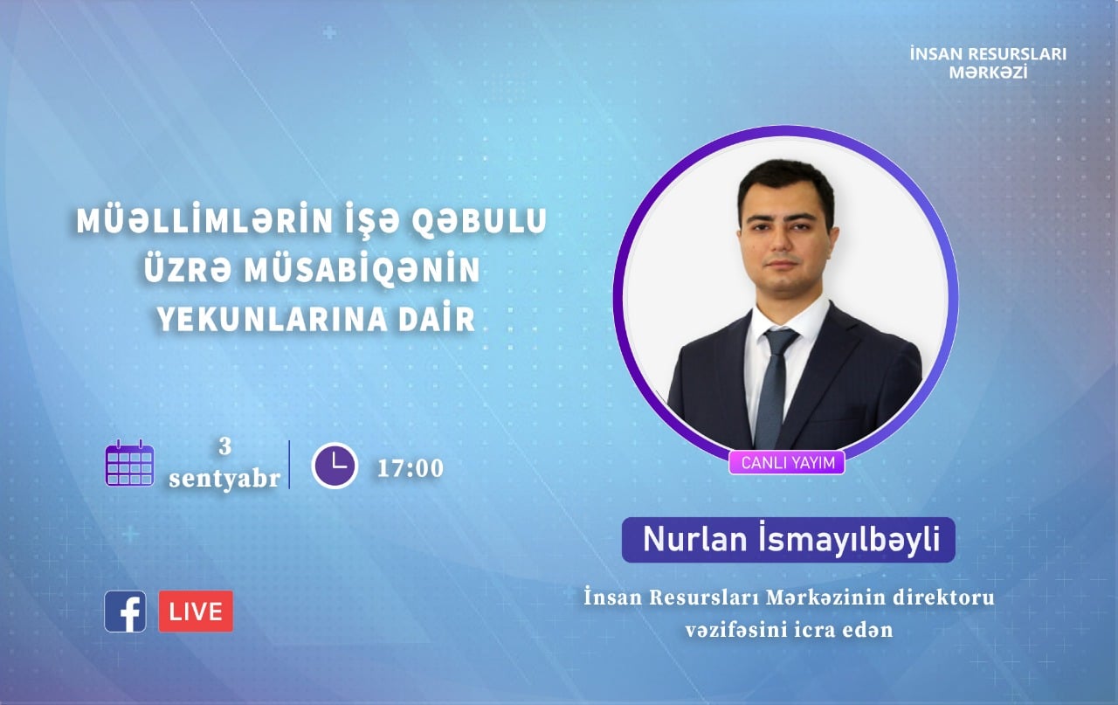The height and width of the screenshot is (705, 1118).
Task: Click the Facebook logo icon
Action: (125, 612)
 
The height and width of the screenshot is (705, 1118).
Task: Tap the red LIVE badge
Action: (196, 612)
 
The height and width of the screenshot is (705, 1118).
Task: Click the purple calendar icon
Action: (130, 463)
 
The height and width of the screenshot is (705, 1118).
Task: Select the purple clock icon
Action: (335, 466)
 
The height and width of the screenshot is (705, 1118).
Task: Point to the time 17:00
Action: (411, 468)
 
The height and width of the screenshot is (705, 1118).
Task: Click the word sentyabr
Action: (224, 479)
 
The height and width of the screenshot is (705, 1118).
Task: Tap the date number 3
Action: (225, 446)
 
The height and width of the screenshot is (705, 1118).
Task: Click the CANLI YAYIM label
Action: (787, 463)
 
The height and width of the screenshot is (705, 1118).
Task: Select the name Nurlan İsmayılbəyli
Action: (791, 539)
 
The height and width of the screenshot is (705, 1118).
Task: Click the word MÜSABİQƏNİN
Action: (362, 270)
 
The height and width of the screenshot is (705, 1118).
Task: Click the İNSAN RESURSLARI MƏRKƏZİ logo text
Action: (988, 63)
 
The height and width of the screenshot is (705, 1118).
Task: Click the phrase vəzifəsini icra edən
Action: (789, 630)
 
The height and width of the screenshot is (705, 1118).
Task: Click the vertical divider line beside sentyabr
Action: (289, 465)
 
